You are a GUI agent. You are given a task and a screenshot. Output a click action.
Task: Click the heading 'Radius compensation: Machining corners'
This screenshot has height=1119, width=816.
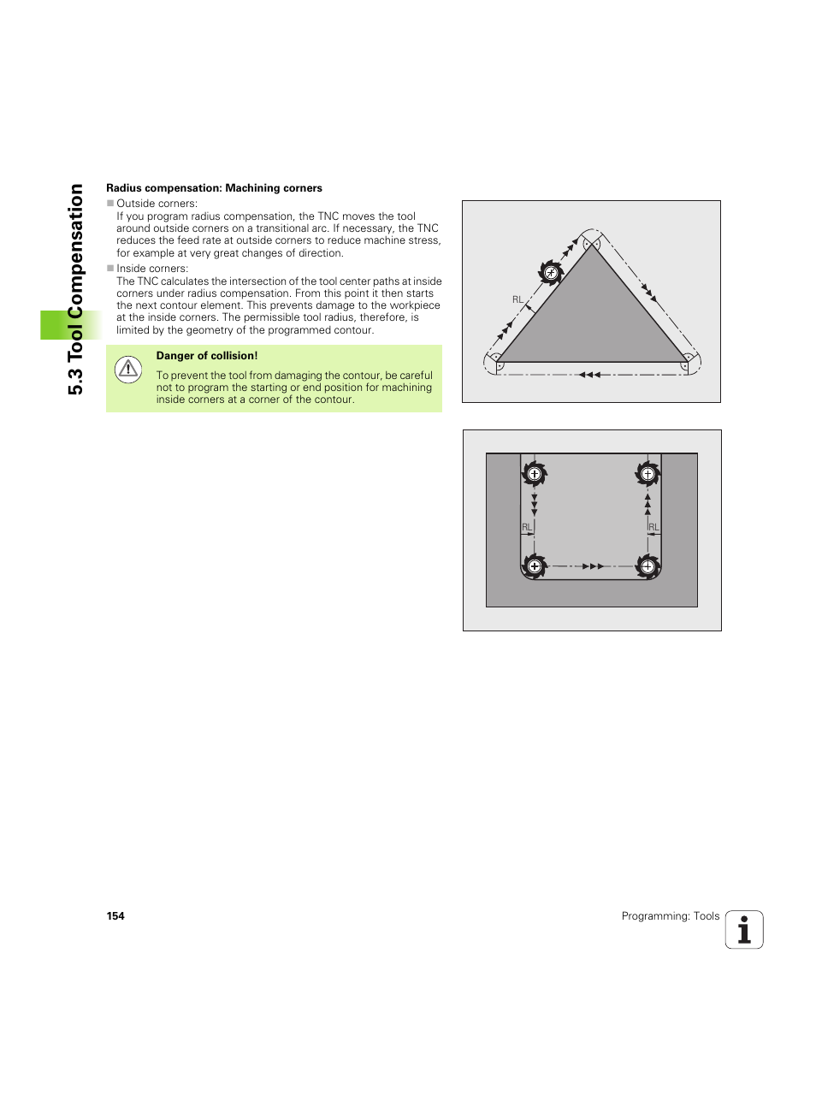point(214,188)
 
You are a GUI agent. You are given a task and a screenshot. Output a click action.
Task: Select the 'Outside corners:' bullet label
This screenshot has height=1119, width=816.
point(157,204)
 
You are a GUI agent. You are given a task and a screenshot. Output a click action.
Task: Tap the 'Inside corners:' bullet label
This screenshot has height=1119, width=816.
point(152,269)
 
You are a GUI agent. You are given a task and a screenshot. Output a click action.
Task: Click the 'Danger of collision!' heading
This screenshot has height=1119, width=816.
point(206,356)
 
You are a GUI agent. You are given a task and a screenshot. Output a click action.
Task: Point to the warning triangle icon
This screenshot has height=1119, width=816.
point(128,369)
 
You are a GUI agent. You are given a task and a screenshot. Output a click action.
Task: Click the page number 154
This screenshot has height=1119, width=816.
point(115,916)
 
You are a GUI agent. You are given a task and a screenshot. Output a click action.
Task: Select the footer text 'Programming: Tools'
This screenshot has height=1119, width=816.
point(670,916)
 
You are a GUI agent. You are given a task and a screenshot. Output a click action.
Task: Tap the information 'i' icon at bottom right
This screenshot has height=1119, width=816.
point(743,930)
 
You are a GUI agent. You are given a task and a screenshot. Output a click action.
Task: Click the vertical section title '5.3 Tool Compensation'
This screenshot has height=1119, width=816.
point(76,289)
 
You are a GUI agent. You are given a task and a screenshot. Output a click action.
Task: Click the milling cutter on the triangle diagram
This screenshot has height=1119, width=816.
point(551,273)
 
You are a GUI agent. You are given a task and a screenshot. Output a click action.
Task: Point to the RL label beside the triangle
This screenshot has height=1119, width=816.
point(517,299)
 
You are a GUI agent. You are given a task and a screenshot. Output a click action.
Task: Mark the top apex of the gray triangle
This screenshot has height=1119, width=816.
point(592,244)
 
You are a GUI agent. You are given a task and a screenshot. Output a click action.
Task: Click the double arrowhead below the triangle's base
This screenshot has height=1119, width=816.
point(589,375)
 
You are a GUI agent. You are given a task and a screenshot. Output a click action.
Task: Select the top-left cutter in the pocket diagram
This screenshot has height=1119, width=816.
point(535,474)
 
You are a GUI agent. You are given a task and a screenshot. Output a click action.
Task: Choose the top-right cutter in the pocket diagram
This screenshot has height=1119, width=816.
point(647,474)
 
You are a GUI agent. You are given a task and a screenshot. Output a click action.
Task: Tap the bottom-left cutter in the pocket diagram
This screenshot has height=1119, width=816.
point(535,566)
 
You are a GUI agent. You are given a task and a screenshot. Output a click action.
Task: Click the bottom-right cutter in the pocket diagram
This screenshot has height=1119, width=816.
point(647,566)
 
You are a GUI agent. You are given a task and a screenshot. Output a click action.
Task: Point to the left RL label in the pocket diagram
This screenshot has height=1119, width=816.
point(526,527)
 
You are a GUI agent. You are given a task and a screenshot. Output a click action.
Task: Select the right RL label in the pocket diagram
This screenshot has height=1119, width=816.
point(653,527)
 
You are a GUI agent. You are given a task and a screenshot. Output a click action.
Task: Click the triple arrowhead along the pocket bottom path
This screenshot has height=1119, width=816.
point(593,566)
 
